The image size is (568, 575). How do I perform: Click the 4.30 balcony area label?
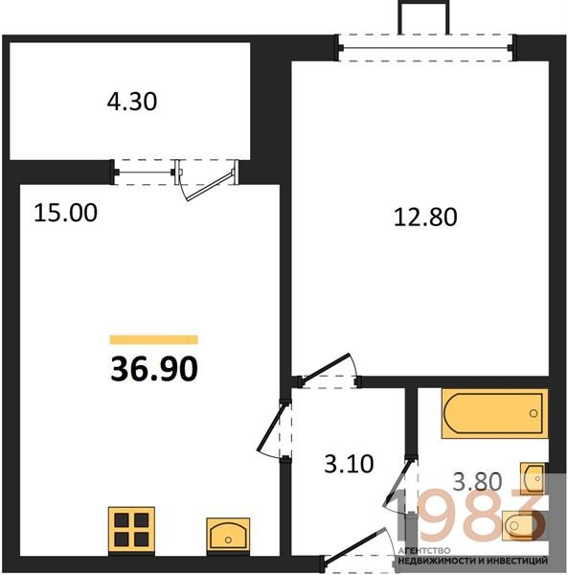point(132,102)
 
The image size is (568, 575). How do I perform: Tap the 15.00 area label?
point(65,213)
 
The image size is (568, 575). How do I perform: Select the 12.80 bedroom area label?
point(425,217)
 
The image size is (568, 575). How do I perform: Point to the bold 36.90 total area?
point(154,369)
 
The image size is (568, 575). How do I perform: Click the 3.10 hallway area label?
point(349,464)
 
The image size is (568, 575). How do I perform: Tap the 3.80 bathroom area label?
point(478,481)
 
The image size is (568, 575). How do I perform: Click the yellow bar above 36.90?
point(154,340)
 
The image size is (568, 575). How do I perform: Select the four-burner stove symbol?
point(131,530)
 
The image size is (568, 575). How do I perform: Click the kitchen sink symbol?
point(228,535)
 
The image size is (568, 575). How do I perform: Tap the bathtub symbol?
point(494,413)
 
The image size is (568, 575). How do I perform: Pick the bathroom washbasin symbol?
point(534,478)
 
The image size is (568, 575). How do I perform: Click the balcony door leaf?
point(211,186)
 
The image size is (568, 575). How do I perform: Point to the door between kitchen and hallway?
point(270,427)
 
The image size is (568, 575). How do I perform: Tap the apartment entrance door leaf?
point(354,544)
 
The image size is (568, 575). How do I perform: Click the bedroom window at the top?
point(426,48)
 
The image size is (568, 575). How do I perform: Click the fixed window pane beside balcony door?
point(145,172)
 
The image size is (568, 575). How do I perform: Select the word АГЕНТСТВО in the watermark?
point(424,551)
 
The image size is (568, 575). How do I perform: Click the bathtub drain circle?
point(534,414)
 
